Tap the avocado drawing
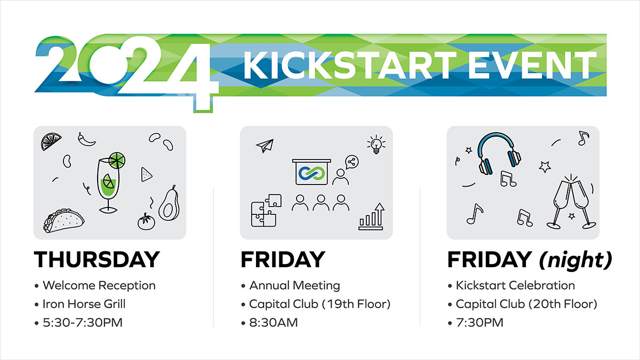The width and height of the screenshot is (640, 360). (169, 203)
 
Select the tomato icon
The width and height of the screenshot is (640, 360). (146, 221)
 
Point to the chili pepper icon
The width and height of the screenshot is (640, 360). (86, 139)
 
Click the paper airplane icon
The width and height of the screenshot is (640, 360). (265, 146)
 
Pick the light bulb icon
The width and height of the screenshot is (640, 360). (377, 145)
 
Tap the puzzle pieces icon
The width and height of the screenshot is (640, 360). (266, 211)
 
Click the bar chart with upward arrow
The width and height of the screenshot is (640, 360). (371, 217)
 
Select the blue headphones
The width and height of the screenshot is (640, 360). (499, 154)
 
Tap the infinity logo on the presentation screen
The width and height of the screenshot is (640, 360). (311, 173)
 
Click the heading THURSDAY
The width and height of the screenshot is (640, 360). (97, 259)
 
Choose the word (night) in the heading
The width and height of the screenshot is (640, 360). (575, 260)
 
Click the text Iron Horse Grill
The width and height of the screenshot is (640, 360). (84, 304)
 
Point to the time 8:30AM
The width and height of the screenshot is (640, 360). (274, 323)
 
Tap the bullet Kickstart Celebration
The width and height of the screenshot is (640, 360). (515, 285)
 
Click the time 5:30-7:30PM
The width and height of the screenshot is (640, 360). (83, 323)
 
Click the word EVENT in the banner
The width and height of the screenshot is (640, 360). (532, 65)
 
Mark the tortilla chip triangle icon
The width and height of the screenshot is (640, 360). (146, 174)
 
